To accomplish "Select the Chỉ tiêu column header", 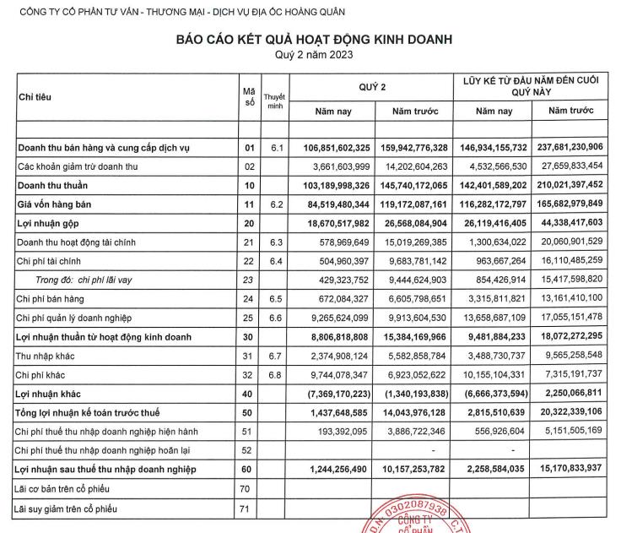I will tap(35, 97).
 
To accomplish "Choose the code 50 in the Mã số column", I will tap(249, 413).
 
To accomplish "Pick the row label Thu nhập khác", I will tap(48, 356).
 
